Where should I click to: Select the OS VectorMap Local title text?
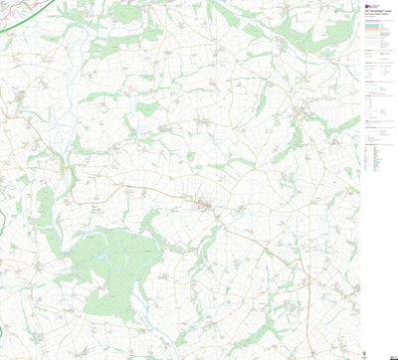point(377,15)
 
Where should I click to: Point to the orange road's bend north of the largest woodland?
point(80,200)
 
